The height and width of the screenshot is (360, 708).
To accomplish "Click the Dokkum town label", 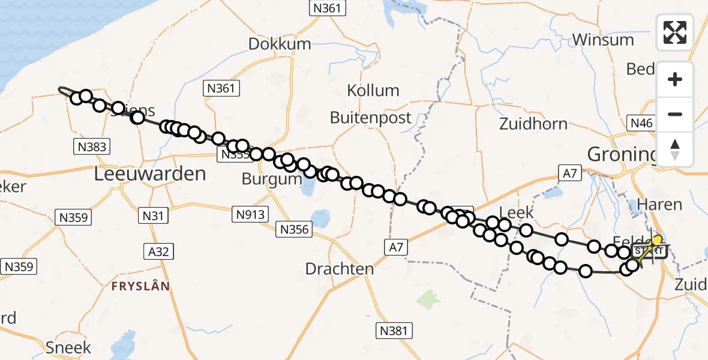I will click(280, 44).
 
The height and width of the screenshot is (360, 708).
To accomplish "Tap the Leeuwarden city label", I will click(151, 175).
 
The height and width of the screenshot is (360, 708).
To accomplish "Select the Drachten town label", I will click(340, 269).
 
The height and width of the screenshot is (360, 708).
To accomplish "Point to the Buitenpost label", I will click(371, 118).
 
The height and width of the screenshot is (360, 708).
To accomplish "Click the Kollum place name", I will click(373, 91).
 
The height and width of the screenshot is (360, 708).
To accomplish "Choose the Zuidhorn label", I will click(533, 124).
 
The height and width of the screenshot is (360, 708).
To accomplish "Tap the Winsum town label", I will click(603, 40).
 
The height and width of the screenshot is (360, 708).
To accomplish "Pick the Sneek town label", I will click(68, 347).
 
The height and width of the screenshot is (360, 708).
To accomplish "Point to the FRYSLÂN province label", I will click(141, 286).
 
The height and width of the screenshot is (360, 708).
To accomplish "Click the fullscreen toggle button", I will click(675, 32).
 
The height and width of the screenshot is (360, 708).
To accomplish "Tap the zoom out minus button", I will click(675, 114).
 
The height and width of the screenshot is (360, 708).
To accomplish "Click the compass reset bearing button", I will click(675, 149).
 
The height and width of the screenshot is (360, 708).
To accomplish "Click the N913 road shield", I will click(250, 214).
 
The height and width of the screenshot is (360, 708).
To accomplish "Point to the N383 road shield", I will click(92, 146).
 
